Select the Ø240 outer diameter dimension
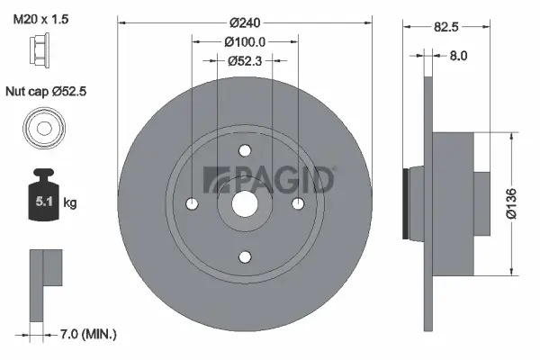(x=246, y=22)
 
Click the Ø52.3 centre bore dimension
(x=246, y=61)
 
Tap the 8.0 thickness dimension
(x=458, y=56)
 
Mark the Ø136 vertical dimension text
(x=513, y=202)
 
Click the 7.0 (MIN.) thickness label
(x=87, y=335)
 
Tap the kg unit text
(x=70, y=203)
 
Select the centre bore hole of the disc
(x=246, y=203)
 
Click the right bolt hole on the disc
(x=297, y=203)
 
